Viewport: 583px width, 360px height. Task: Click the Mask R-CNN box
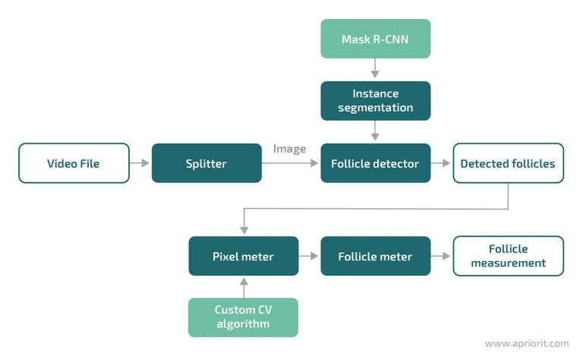click(375, 39)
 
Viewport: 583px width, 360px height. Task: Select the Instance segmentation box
click(375, 100)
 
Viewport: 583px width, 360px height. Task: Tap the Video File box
click(73, 163)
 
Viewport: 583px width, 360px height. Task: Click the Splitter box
click(206, 163)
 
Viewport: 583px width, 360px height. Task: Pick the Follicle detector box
click(375, 163)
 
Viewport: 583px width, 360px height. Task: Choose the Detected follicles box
click(508, 163)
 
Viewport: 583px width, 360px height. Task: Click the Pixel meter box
click(243, 256)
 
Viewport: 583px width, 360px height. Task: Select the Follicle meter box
click(375, 256)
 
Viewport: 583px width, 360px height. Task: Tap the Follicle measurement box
click(508, 256)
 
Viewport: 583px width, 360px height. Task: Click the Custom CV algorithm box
click(243, 317)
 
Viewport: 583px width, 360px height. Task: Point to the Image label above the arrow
click(289, 149)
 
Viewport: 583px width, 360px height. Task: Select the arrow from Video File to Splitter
click(140, 163)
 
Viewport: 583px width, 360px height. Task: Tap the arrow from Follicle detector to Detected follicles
click(441, 163)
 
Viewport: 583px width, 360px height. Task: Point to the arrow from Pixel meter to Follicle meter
click(309, 256)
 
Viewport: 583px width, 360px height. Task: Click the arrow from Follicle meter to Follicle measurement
click(441, 256)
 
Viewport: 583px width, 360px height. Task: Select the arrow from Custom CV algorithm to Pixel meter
click(243, 286)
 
